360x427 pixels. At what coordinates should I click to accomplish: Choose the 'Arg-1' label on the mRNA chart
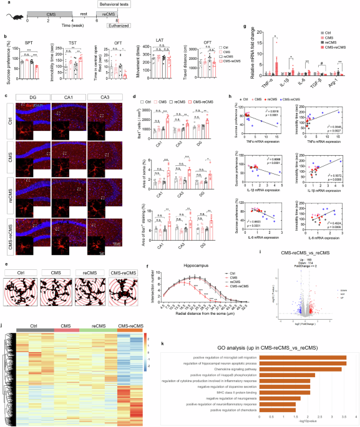[336, 75]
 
